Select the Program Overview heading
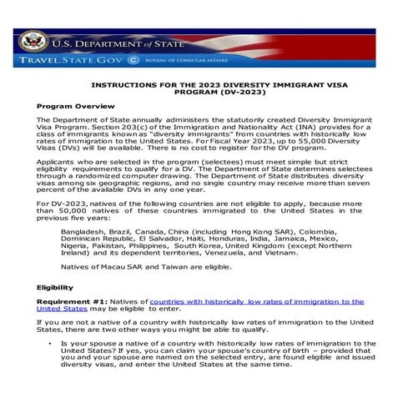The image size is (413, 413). click(x=69, y=107)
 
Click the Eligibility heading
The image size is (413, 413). click(x=54, y=287)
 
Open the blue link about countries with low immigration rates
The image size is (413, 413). click(x=250, y=301)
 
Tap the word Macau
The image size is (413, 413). click(x=105, y=267)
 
